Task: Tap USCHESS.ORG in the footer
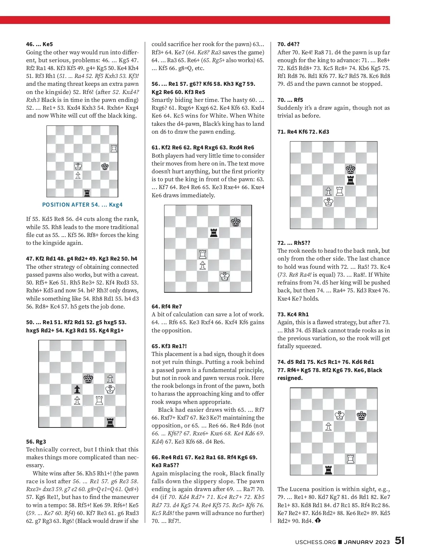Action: [315, 542]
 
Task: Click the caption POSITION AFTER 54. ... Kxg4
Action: [82, 205]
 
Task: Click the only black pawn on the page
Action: [77, 389]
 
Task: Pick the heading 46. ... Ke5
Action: [39, 44]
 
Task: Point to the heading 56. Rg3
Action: [36, 441]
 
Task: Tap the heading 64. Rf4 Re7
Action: [167, 306]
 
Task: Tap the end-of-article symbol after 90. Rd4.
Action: [318, 521]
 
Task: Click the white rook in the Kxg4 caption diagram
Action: [114, 148]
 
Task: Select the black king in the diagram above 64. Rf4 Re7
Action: [235, 222]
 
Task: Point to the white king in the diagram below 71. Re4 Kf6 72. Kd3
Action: [328, 202]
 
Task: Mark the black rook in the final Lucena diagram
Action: [328, 470]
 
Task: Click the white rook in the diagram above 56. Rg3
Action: [99, 400]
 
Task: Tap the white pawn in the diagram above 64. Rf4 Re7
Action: [203, 266]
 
